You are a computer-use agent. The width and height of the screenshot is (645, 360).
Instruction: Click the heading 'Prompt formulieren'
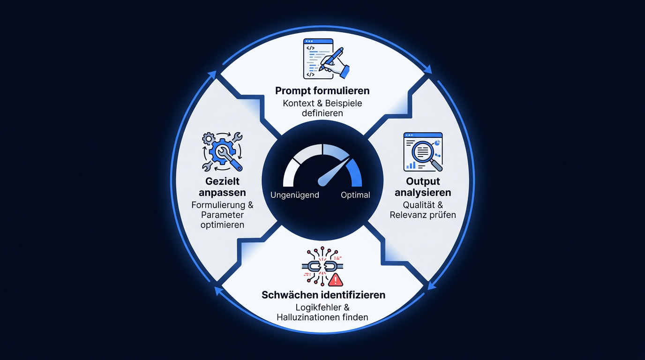tap(322, 91)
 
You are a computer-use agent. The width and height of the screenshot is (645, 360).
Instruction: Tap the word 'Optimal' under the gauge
tap(355, 195)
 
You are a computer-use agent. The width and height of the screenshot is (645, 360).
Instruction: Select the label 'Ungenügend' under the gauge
tap(294, 195)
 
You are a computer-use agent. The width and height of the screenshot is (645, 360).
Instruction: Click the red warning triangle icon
tap(336, 279)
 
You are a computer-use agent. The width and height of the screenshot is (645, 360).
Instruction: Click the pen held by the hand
tap(331, 59)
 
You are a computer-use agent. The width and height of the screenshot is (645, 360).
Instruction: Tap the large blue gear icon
tap(223, 151)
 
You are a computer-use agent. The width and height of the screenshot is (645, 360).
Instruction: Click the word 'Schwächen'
tap(290, 295)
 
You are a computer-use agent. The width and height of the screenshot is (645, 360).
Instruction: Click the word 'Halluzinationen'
tap(308, 317)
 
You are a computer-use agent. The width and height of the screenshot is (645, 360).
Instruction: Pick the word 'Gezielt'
tap(222, 181)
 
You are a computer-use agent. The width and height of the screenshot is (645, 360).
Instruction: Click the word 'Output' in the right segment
tap(423, 181)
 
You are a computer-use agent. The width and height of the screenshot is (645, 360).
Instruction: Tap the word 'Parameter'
tap(222, 215)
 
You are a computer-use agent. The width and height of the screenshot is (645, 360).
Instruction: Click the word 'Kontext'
tap(299, 103)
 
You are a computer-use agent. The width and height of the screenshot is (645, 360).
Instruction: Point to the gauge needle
tap(334, 171)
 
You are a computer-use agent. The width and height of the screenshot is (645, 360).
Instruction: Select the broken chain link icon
tap(322, 266)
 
